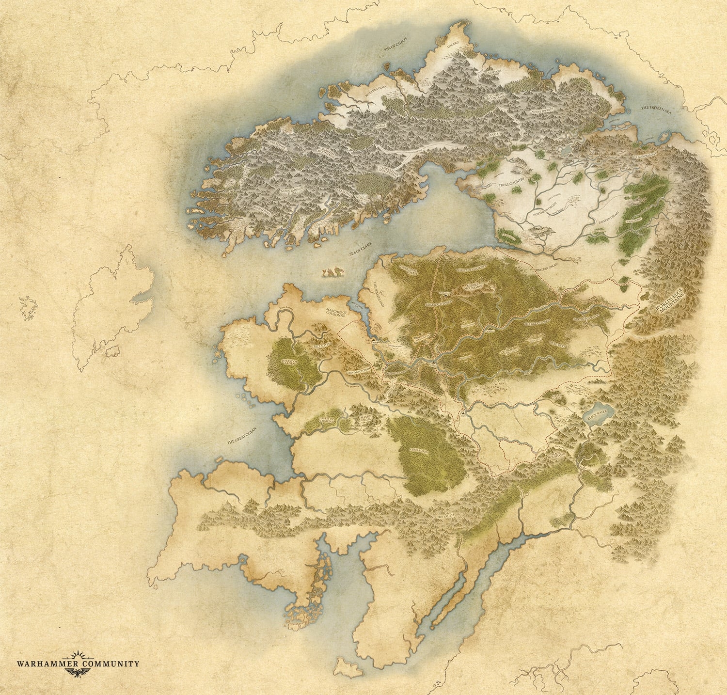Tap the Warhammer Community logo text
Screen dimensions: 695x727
(x=78, y=663)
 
